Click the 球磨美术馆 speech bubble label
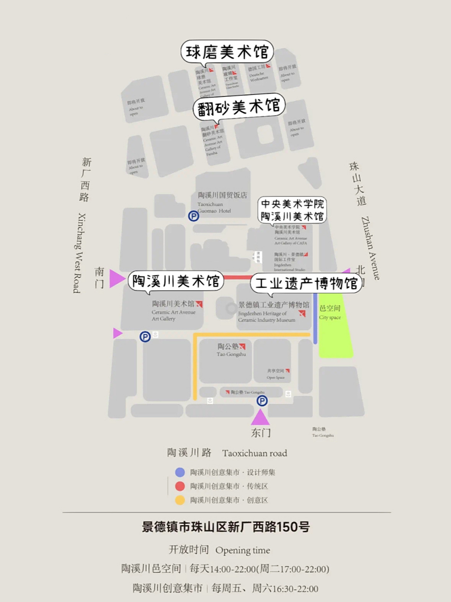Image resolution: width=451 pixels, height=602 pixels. [x=227, y=52]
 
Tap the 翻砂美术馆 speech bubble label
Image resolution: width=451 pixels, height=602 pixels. [x=239, y=107]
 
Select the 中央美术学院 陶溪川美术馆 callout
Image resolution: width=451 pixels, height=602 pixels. [x=292, y=210]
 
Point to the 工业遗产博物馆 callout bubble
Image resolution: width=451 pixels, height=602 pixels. [x=306, y=284]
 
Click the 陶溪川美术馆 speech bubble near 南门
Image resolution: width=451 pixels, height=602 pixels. [x=176, y=281]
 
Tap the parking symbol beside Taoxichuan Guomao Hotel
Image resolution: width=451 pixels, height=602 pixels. [x=194, y=216]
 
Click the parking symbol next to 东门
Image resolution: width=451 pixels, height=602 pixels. [x=262, y=401]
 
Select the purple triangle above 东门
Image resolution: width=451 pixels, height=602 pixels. [x=260, y=418]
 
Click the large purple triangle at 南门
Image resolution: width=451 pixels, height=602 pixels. [x=116, y=278]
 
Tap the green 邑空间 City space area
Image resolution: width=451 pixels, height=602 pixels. [x=334, y=329]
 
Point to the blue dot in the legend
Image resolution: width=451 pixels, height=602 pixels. [x=180, y=472]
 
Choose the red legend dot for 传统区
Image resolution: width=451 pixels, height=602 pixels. [x=180, y=486]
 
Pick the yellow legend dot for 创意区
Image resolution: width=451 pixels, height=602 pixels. [x=180, y=500]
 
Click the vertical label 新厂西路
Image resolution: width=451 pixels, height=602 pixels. [x=86, y=180]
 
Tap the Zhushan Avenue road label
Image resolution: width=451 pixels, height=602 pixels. [x=370, y=248]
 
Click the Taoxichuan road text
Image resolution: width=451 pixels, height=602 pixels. [x=255, y=453]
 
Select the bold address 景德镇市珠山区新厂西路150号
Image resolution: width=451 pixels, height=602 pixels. [x=226, y=527]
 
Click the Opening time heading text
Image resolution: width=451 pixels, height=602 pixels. [x=242, y=550]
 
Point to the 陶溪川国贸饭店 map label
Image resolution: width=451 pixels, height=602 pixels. [x=222, y=195]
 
